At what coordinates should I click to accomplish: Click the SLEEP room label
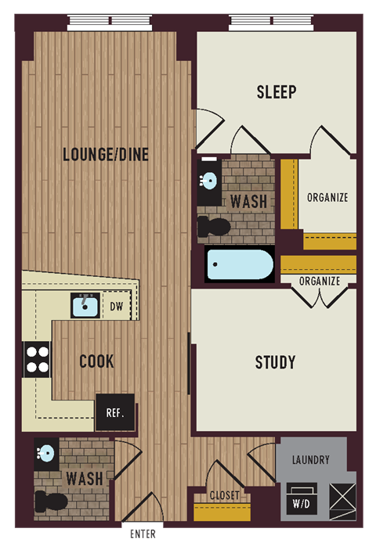(277, 92)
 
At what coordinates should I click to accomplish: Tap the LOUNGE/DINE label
(106, 155)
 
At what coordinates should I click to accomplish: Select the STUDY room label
(276, 362)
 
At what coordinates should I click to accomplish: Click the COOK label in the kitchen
(96, 361)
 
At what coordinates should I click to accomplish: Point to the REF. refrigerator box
(114, 411)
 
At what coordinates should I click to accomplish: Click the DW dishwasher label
(116, 306)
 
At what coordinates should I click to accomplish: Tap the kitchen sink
(85, 305)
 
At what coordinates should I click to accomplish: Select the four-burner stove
(37, 361)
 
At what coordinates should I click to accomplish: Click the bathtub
(240, 265)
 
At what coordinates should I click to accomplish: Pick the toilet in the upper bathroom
(214, 227)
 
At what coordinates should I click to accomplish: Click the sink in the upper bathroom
(208, 181)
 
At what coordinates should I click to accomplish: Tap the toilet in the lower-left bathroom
(52, 501)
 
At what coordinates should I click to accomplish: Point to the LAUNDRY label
(310, 461)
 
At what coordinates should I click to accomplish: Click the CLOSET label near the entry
(224, 495)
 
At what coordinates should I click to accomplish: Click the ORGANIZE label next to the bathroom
(327, 198)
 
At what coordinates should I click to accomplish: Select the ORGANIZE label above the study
(320, 281)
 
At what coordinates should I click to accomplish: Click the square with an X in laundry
(342, 496)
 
